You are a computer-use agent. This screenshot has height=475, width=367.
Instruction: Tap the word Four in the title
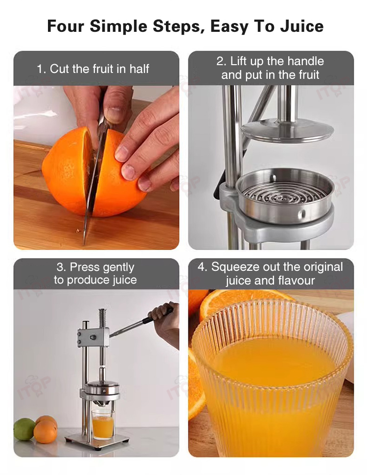click(x=66, y=26)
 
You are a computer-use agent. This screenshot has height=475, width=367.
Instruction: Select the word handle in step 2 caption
click(x=305, y=61)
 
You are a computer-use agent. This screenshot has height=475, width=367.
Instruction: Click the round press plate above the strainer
click(x=287, y=130)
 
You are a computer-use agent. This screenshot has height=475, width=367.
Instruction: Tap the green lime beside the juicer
click(x=24, y=429)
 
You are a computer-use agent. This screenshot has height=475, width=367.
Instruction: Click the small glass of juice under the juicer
click(x=103, y=425)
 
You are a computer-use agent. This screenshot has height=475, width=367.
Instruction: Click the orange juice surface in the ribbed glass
click(x=272, y=360)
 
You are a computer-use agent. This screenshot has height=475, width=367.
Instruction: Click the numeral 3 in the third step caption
click(x=60, y=267)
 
